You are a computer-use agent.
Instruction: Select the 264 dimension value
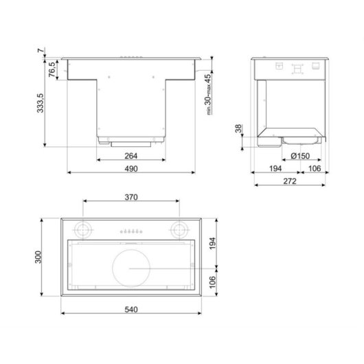coord(132,156)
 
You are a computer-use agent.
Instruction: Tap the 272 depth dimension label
coord(288,182)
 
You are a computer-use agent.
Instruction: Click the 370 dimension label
coord(132,198)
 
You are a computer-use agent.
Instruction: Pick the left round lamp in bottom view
coord(83,229)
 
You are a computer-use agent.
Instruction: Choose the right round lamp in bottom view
coord(181,229)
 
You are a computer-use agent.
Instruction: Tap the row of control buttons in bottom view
coord(131,231)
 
